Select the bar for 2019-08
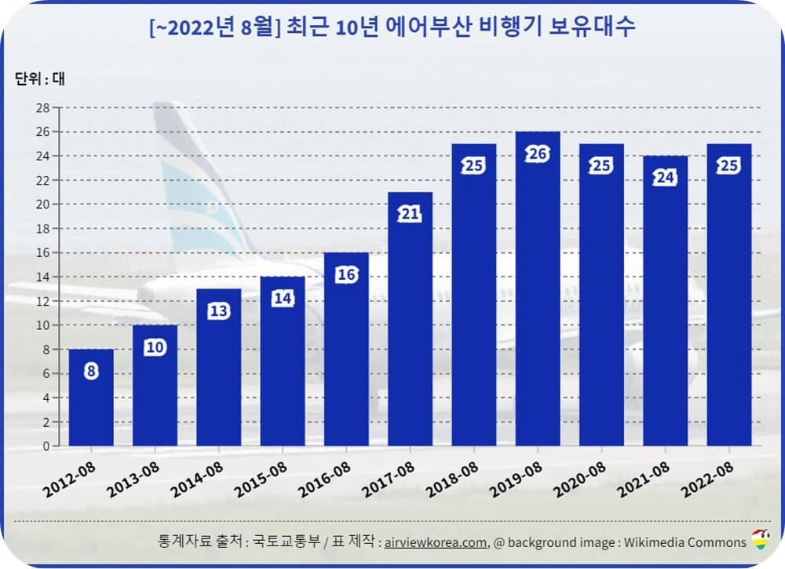538,299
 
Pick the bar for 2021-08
665,307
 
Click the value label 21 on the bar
410,215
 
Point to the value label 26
538,154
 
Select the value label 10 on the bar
155,347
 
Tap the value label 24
665,178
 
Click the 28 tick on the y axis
44,108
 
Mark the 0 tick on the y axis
46,446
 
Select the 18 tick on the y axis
44,229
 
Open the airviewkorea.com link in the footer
435,542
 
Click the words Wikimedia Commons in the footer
685,542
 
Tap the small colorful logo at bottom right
760,540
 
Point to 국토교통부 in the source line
276,542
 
